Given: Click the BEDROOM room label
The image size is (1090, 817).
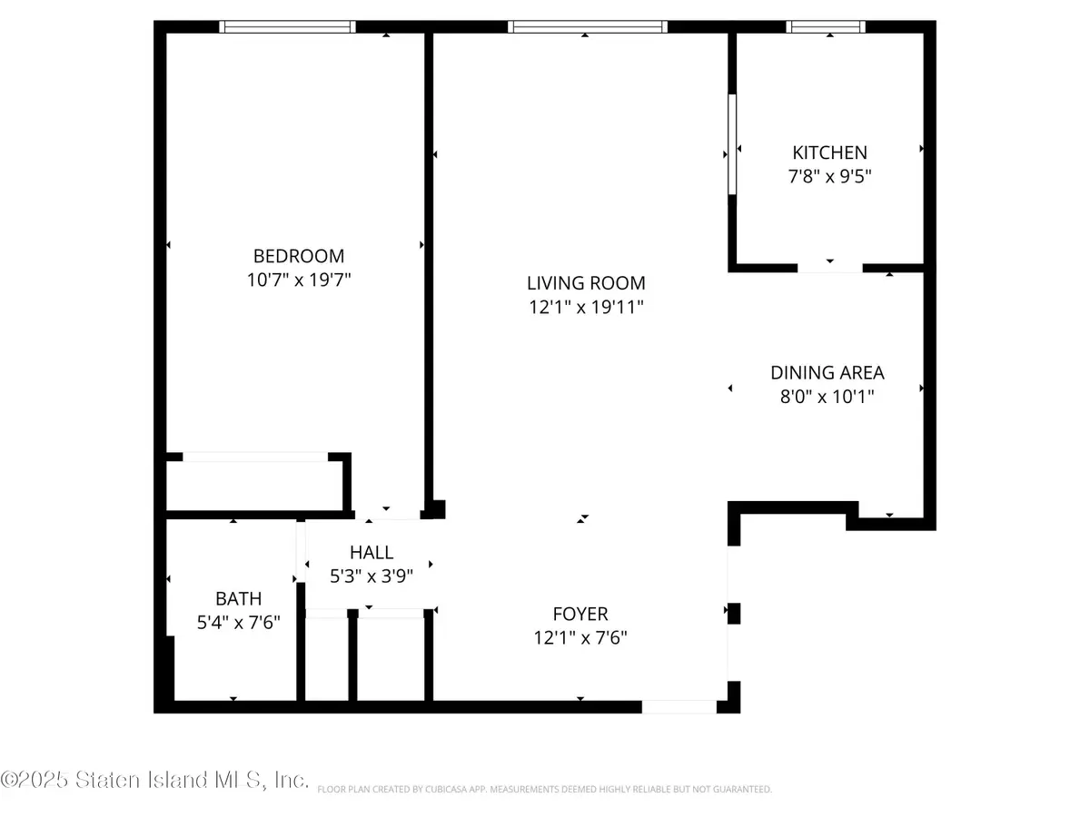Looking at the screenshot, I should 299,256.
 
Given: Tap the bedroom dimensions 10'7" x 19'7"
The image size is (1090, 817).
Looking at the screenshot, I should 299,280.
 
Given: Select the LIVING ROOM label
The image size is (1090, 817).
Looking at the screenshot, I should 587,282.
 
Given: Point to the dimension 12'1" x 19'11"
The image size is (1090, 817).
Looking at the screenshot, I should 587,307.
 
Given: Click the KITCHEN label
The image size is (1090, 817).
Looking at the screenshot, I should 830,153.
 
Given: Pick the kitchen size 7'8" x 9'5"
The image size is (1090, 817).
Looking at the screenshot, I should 830,176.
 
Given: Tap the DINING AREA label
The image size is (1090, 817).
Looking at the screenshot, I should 827,372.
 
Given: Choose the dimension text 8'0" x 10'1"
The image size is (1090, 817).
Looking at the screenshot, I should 827,396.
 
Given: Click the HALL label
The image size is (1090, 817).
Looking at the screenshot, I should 372,552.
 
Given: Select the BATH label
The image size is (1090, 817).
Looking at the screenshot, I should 238,599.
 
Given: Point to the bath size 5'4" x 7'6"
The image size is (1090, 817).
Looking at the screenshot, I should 238,623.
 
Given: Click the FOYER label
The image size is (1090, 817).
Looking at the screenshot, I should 581,614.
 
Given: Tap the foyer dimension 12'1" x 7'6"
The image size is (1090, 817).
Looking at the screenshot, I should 581,637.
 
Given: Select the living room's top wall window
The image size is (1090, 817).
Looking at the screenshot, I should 588,27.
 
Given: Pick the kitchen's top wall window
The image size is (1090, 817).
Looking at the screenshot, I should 827,27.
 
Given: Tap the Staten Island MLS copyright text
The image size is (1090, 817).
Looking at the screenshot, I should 154,780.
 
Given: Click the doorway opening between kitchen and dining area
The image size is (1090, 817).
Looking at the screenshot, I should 829,268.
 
